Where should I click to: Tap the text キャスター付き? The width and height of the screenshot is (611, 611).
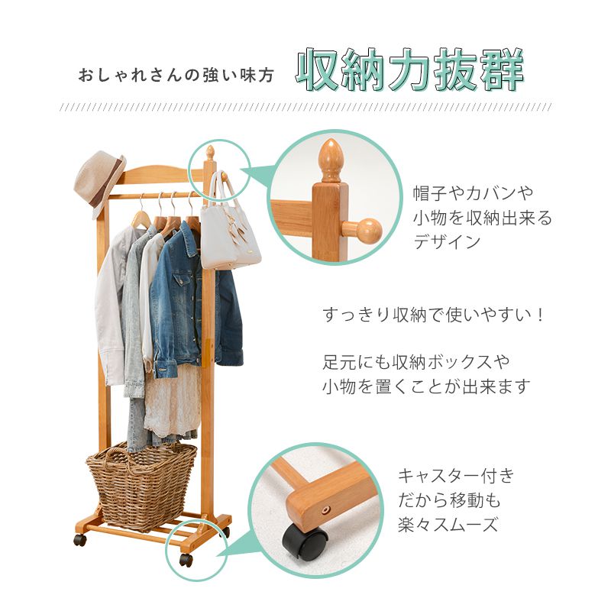tap(456, 477)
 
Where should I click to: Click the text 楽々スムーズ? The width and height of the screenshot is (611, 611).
tap(448, 525)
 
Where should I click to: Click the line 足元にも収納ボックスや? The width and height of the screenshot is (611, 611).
tap(415, 360)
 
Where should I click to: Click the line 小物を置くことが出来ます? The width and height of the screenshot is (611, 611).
tap(425, 386)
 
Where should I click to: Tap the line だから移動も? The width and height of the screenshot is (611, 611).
tap(448, 501)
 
